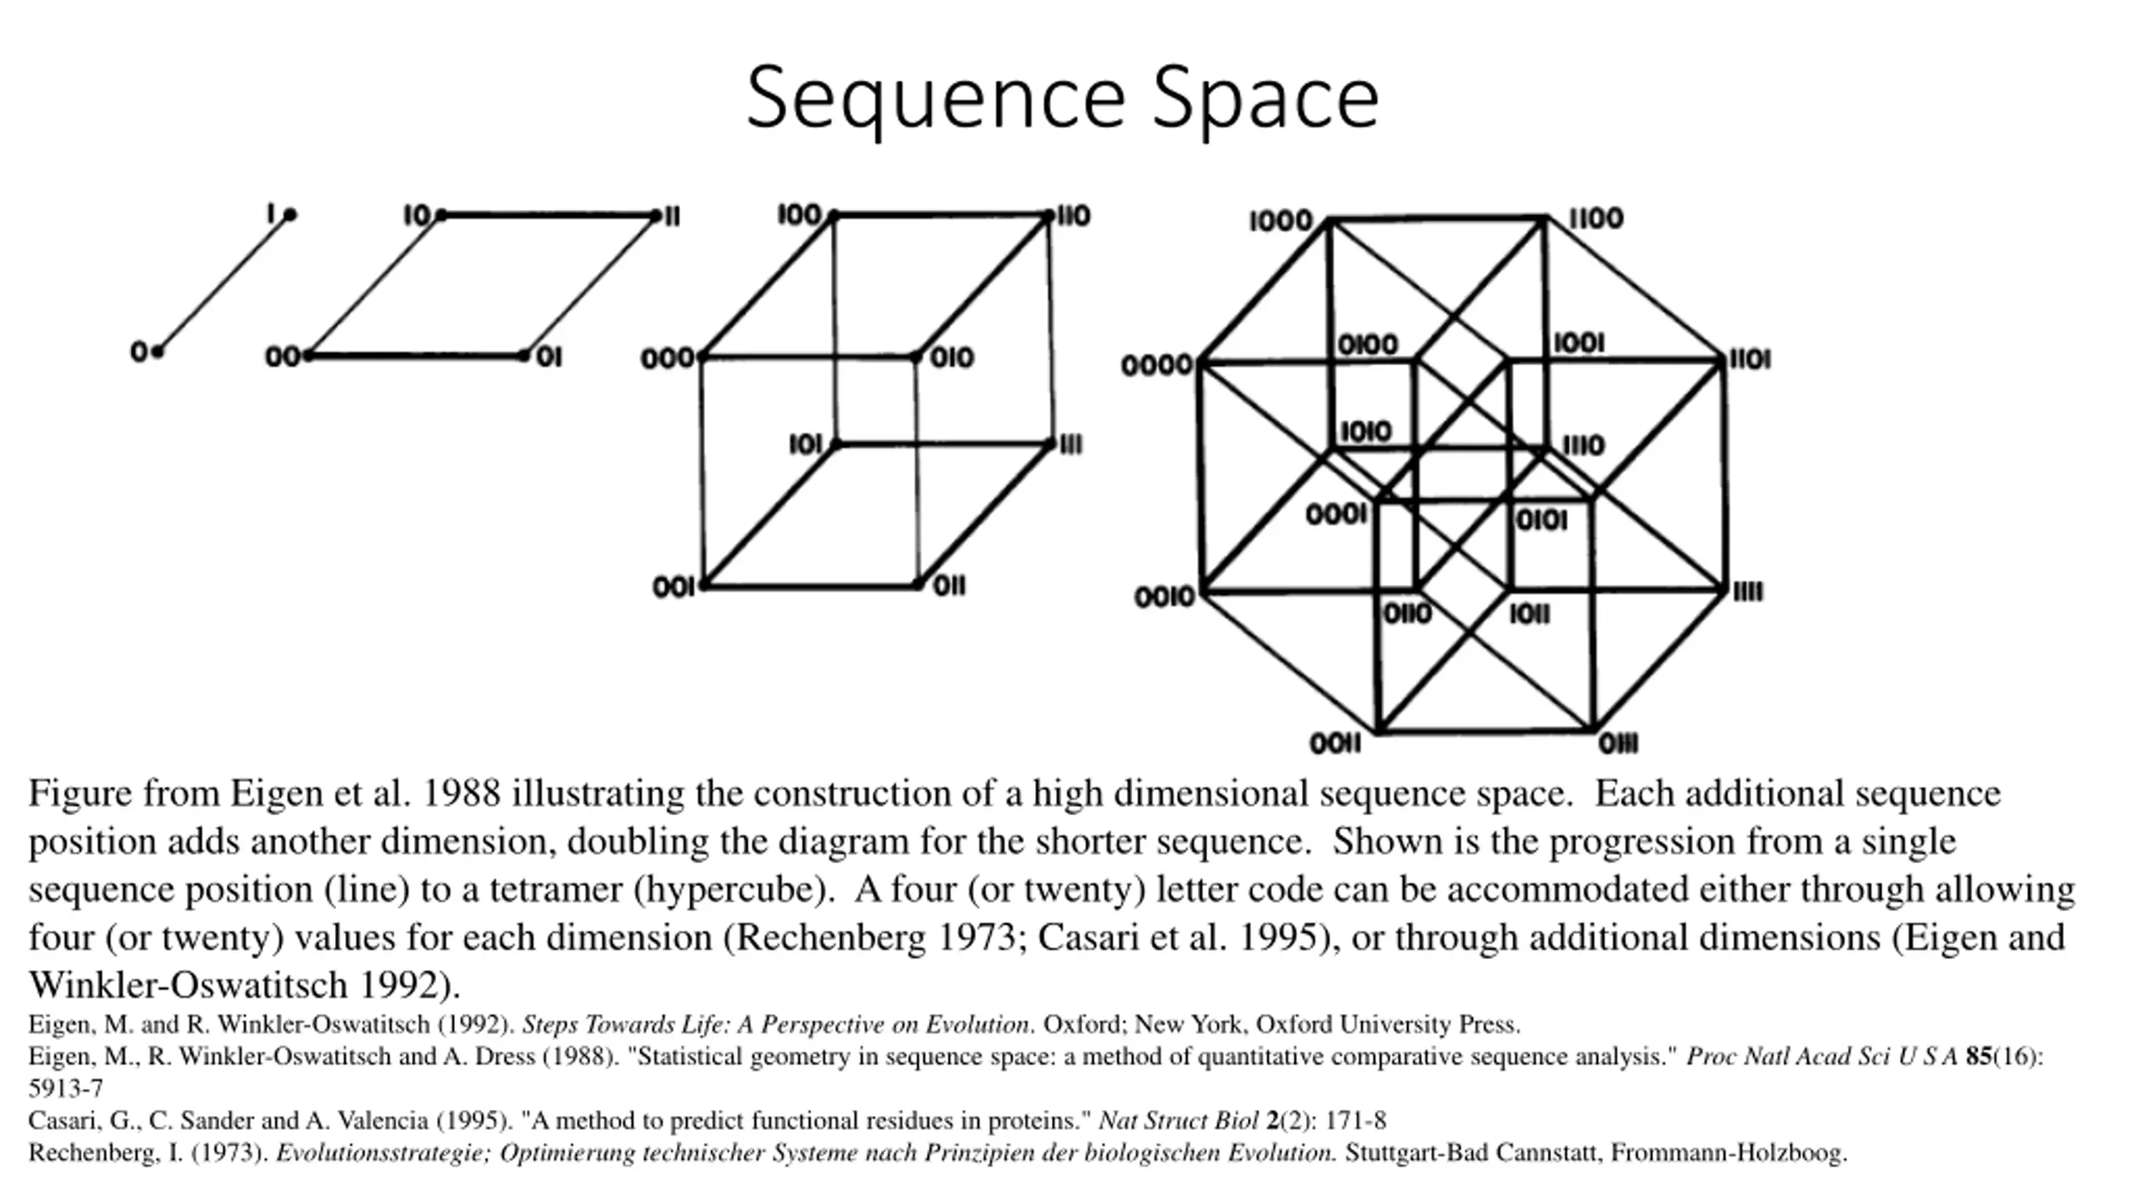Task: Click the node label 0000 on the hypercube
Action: (x=1156, y=365)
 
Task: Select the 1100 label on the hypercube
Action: (x=1595, y=218)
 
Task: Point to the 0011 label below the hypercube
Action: (x=1335, y=742)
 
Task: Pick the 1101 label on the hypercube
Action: (x=1750, y=359)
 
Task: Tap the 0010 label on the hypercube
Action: (x=1165, y=597)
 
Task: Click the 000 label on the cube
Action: (x=667, y=359)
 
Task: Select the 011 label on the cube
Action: (x=949, y=586)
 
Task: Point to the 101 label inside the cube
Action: (x=805, y=444)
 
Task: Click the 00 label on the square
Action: (x=282, y=357)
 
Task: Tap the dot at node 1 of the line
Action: (x=290, y=215)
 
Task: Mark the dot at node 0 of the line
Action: (x=158, y=352)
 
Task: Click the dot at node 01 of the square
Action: (x=523, y=356)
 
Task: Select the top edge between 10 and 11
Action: (x=548, y=216)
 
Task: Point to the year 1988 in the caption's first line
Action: (x=461, y=792)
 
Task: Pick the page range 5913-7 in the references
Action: (x=65, y=1088)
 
